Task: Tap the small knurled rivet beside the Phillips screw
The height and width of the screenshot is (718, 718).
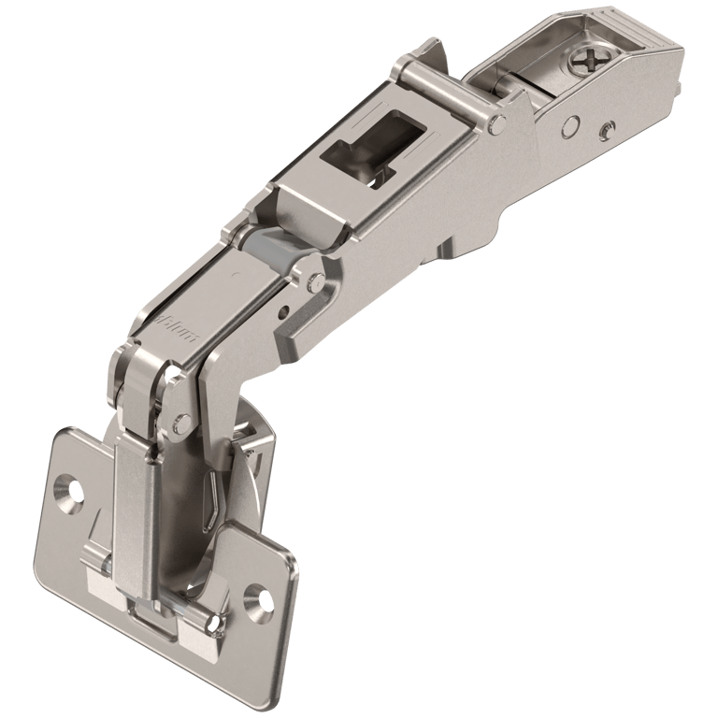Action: pos(609,128)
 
